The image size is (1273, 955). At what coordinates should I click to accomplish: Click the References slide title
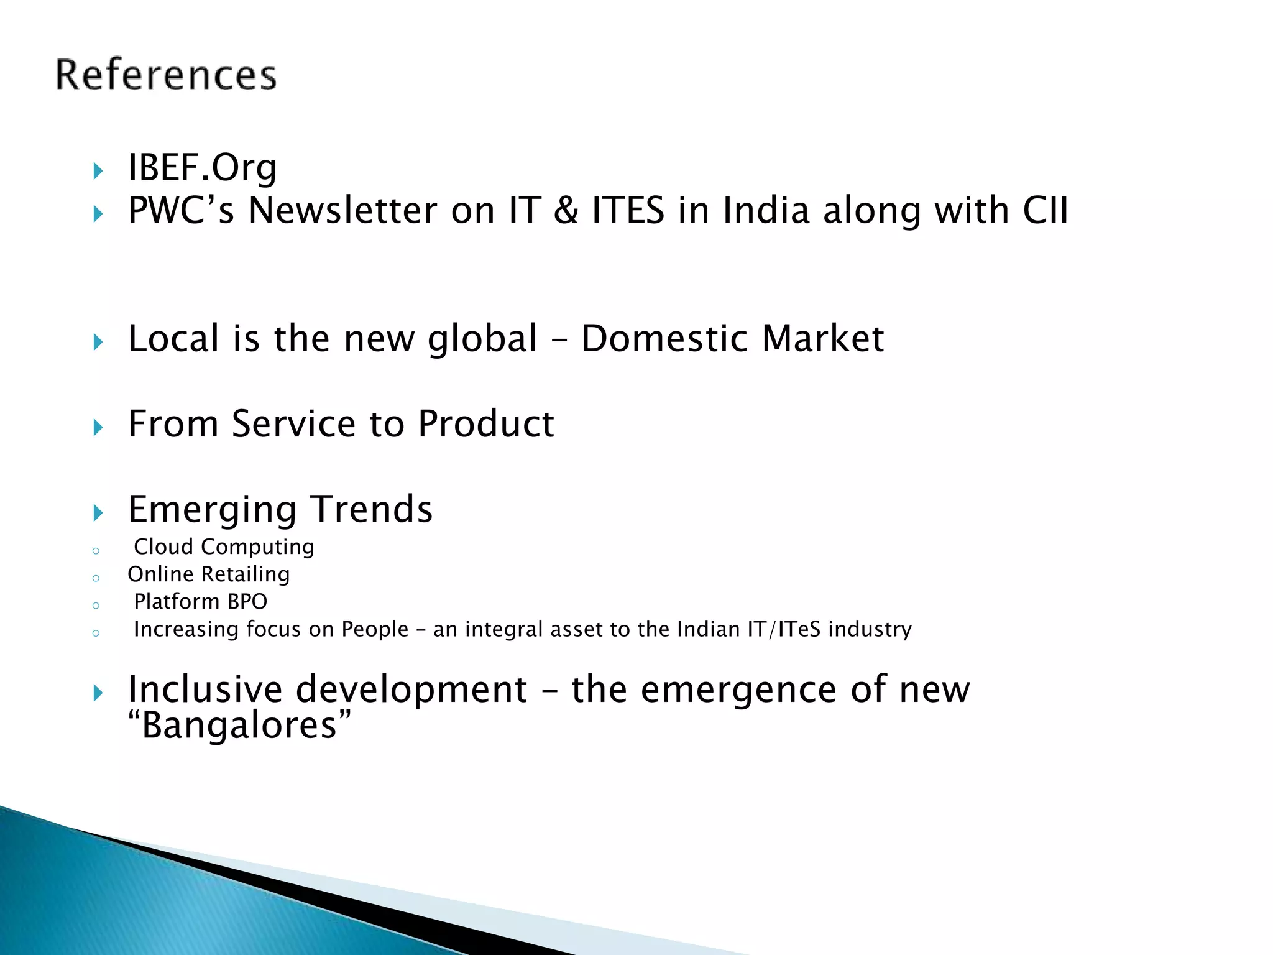[166, 75]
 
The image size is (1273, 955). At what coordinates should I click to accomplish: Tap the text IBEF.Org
[202, 168]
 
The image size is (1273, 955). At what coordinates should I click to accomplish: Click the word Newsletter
[342, 210]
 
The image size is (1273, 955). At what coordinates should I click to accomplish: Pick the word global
[482, 340]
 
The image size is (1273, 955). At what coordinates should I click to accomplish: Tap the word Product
[485, 424]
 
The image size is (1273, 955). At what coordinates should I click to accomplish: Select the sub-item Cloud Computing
[224, 547]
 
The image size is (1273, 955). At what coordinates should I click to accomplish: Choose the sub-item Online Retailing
[209, 574]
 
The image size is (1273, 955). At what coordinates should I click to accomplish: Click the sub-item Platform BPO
[200, 602]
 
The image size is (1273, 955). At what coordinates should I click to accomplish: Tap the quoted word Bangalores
[239, 725]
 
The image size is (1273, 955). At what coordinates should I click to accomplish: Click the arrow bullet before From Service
[98, 427]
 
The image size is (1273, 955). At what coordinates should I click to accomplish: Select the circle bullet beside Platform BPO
[96, 606]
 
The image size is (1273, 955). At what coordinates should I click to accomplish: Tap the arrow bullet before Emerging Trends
[98, 513]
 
